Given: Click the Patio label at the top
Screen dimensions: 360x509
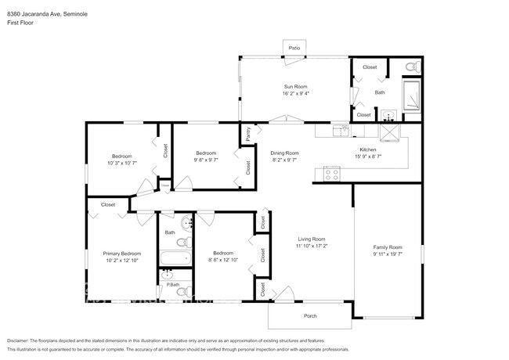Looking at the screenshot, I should pos(294,49).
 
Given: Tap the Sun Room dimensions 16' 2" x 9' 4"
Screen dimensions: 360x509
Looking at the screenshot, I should pos(294,93).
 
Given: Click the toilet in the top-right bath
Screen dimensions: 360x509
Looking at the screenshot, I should pos(412,67).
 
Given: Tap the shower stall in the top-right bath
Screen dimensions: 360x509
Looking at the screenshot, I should pos(411,95).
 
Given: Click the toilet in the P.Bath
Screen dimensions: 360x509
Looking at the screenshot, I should pos(181,292).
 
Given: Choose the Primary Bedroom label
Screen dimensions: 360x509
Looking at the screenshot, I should pos(122,254).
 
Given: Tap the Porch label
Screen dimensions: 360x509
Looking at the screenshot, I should pos(311,315).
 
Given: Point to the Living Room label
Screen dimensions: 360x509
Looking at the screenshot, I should pos(311,239).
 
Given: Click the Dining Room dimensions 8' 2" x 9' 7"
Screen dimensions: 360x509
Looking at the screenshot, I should pos(285,160).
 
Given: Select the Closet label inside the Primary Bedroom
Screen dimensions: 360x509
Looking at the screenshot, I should pos(108,204).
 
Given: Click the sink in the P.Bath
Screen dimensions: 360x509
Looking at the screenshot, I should pos(167,275).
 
